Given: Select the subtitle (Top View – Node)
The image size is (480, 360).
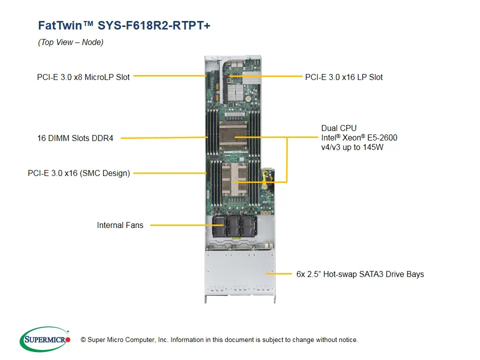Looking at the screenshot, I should [x=70, y=42].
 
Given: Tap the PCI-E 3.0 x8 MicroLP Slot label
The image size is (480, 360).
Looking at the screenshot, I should [x=83, y=77].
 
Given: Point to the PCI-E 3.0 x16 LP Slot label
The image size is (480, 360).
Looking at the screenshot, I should [x=344, y=77].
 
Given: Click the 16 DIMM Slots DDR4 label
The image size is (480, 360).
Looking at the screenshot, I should [x=75, y=138].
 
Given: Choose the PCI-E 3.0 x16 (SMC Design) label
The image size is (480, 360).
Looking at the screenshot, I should [x=79, y=173].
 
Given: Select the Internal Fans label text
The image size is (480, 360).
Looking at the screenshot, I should [x=120, y=225].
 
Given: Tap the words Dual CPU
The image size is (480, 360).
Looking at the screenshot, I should [x=339, y=128].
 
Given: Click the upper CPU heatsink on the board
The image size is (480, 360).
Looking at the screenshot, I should [x=234, y=136].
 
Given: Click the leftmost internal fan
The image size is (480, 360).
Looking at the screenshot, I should [x=220, y=226].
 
